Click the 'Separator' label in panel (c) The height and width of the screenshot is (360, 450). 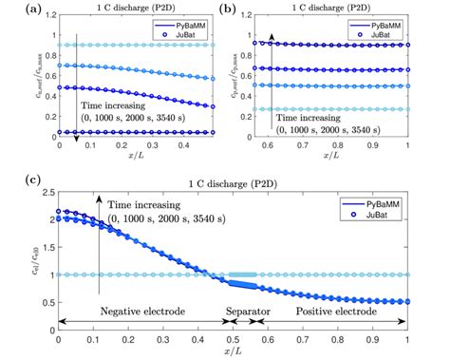pos(245,309)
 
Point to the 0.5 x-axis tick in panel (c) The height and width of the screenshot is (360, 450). pos(234,339)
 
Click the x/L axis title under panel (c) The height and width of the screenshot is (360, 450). pos(233,353)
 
